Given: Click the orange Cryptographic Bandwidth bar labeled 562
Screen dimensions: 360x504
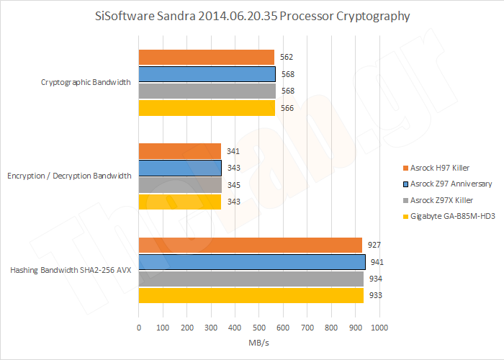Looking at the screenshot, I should [207, 57].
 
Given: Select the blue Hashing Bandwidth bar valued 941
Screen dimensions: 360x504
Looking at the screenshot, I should [252, 261].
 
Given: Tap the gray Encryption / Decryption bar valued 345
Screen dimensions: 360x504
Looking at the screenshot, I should [180, 185].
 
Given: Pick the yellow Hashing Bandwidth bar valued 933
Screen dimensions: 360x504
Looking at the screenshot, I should [251, 295].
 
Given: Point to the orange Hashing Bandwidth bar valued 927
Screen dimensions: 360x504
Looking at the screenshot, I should [250, 245].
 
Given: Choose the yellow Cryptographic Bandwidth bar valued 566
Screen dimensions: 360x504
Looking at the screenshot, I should [207, 108].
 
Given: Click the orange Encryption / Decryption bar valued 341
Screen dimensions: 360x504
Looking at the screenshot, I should [179, 151].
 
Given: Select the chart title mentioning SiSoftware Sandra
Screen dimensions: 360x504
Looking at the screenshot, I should [252, 16].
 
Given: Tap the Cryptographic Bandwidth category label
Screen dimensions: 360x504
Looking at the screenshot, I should [86, 82].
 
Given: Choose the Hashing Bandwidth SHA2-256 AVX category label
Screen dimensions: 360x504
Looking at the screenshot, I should [71, 270].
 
